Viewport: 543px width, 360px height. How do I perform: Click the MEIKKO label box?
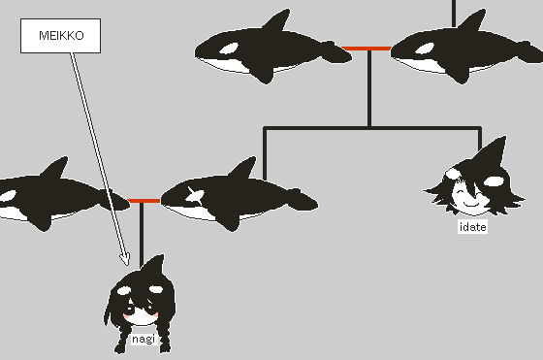[60, 36]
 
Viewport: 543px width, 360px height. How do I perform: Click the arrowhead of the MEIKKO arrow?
[125, 258]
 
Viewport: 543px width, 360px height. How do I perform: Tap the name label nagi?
[144, 339]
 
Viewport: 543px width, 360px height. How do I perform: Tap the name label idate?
[473, 227]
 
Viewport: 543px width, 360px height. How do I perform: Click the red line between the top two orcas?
[367, 49]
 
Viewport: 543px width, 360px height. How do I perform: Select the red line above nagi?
[144, 201]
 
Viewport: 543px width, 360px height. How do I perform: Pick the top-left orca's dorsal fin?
[277, 20]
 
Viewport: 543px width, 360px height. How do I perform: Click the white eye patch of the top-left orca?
[229, 49]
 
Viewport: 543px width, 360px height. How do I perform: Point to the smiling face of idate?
[470, 197]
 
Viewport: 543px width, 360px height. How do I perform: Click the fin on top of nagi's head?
[154, 265]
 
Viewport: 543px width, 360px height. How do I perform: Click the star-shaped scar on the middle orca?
[194, 196]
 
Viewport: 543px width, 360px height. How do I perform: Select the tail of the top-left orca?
[335, 52]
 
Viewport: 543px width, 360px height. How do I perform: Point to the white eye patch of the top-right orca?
[425, 49]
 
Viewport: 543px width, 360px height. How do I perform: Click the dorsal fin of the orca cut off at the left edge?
[55, 168]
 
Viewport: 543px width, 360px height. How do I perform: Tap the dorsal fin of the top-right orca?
[473, 20]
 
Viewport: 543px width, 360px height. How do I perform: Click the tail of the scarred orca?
[302, 199]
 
